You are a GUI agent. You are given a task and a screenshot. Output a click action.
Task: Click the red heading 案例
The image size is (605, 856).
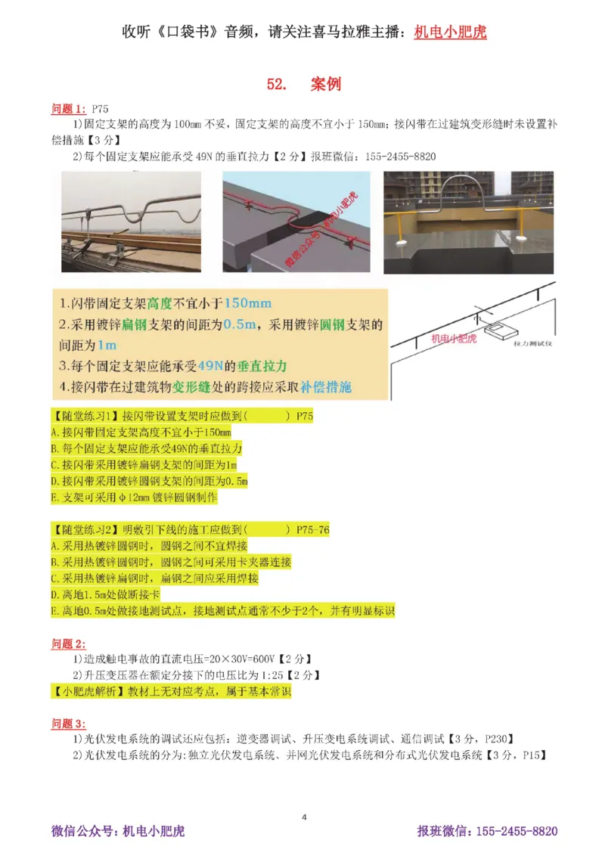[326, 84]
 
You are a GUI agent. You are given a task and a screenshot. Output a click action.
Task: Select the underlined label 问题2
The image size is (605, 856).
[68, 644]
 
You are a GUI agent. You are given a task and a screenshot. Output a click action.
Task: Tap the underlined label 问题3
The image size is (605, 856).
[68, 723]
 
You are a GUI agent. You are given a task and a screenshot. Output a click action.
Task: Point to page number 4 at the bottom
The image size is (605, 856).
[304, 817]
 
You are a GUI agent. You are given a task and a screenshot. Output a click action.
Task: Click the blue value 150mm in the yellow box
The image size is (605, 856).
[247, 304]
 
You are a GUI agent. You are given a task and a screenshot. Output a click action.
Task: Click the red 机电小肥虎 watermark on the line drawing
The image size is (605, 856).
[454, 339]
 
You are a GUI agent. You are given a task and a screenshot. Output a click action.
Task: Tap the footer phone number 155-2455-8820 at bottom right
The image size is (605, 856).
[517, 831]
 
